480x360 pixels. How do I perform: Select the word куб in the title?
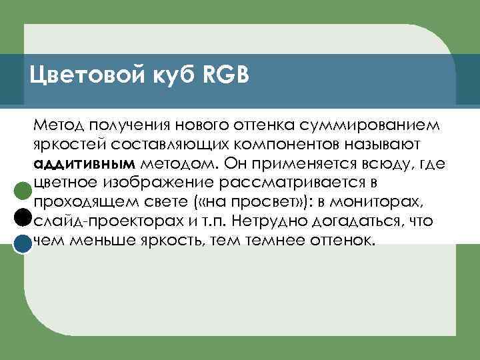pyautogui.click(x=165, y=75)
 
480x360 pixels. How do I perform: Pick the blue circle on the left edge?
pyautogui.click(x=23, y=245)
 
